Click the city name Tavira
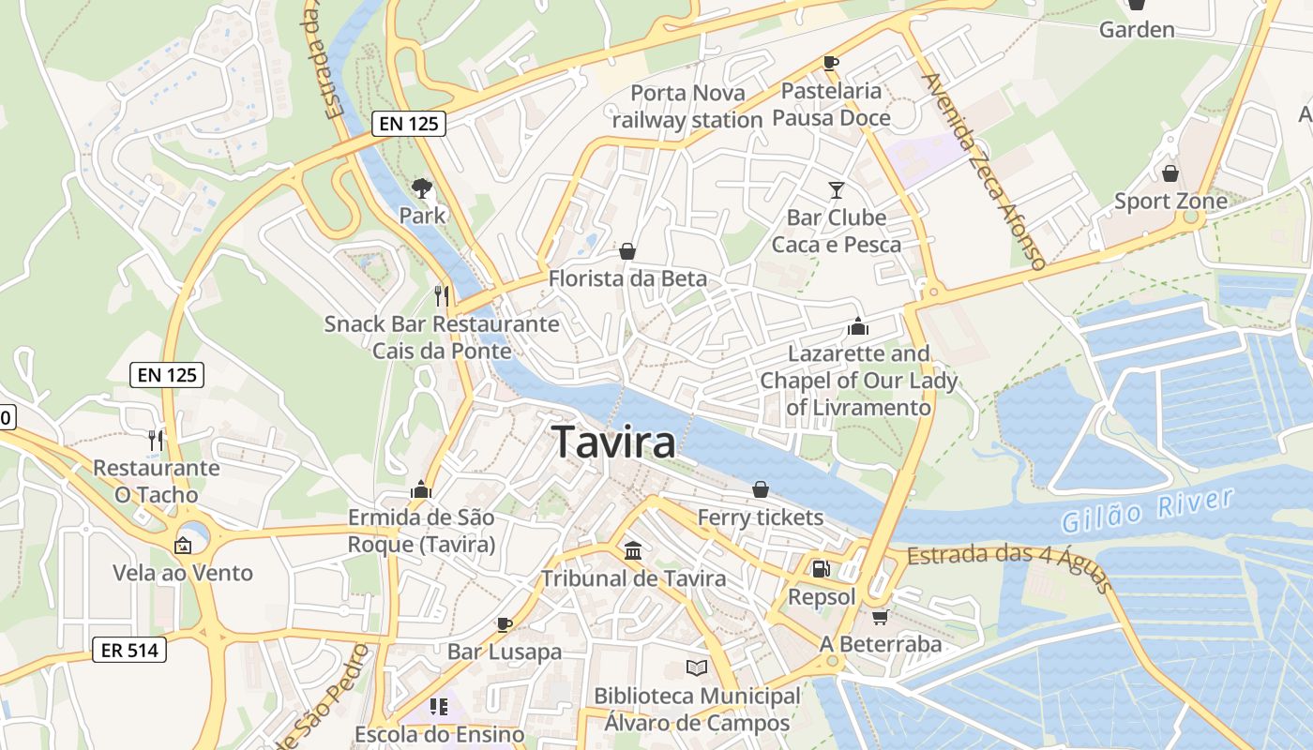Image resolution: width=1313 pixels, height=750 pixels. tap(614, 442)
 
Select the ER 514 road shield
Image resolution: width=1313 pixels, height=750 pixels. tap(129, 649)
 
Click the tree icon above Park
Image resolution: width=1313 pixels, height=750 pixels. tap(422, 187)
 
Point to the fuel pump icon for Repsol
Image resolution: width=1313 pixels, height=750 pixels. tap(821, 568)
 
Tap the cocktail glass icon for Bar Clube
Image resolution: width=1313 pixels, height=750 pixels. tap(837, 190)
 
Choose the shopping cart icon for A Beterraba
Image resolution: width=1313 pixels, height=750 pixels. tap(880, 616)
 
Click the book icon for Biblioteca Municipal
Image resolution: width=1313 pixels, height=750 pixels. tap(696, 667)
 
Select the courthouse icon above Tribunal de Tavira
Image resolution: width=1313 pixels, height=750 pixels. tap(633, 550)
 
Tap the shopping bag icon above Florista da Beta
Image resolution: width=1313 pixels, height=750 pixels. tap(627, 251)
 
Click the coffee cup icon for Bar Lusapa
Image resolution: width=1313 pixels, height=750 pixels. tap(505, 623)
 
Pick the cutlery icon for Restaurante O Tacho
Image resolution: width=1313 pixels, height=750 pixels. tap(156, 439)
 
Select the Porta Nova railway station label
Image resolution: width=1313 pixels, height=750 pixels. tap(687, 106)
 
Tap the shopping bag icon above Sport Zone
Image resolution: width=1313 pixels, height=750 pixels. tap(1170, 173)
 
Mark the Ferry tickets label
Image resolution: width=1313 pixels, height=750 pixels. tap(761, 517)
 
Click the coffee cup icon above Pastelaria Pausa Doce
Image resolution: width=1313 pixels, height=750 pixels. tap(830, 63)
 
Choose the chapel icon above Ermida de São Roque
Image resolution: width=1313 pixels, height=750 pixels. tap(420, 489)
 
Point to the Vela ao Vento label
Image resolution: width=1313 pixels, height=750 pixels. tap(183, 573)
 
